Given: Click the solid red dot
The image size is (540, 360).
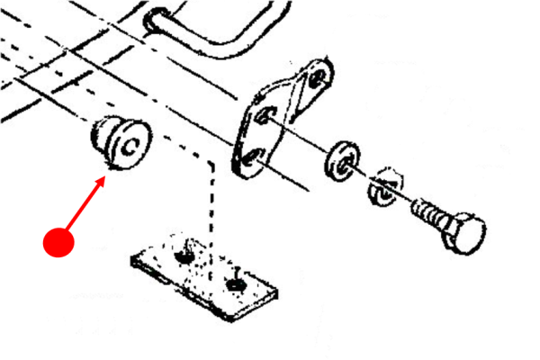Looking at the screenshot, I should tap(58, 242).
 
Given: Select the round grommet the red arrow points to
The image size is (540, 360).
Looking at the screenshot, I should tap(121, 143).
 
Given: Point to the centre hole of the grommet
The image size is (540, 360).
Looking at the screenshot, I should tap(131, 144).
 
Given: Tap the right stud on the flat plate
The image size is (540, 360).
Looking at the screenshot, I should tap(236, 283).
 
